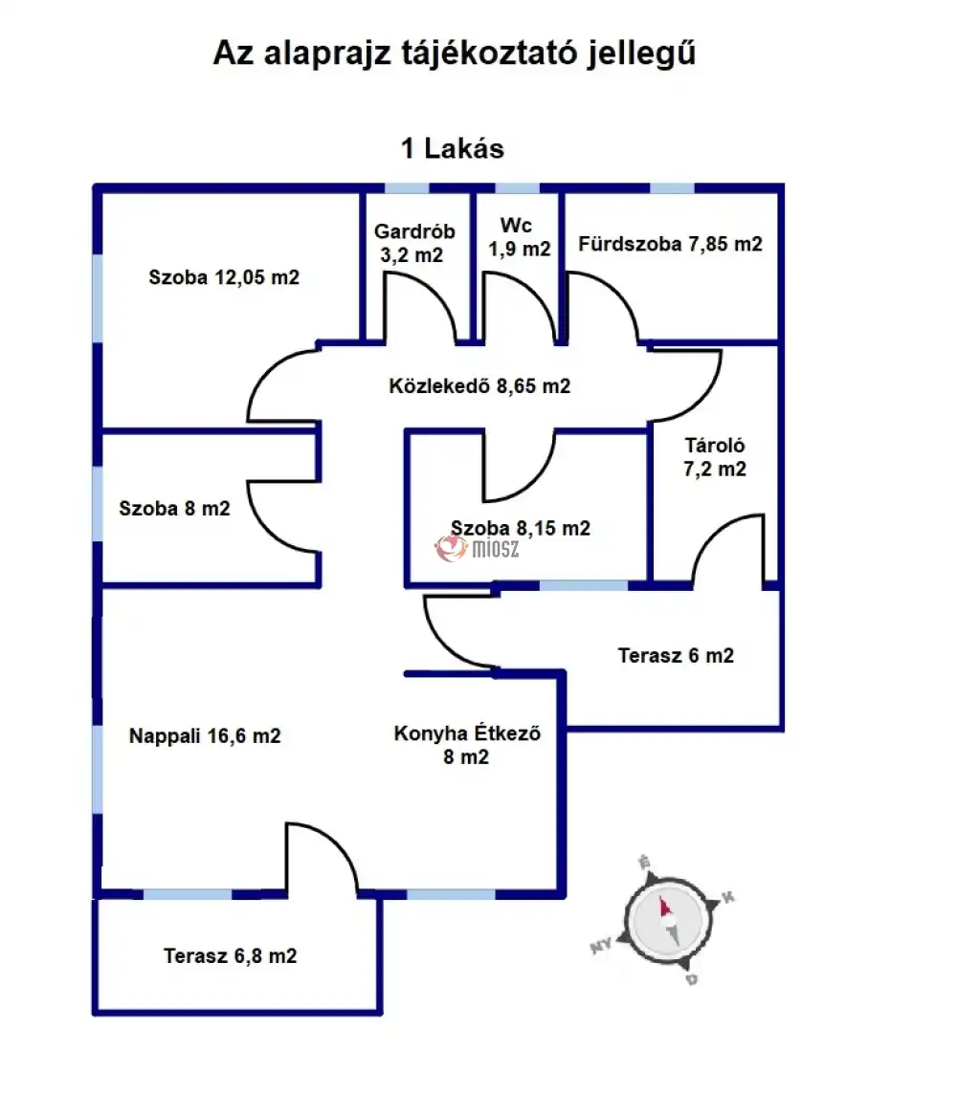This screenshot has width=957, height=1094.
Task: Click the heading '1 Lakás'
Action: (x=452, y=149)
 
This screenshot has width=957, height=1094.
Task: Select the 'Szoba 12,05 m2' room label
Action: (x=224, y=278)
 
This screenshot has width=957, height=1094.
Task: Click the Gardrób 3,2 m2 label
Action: (x=414, y=243)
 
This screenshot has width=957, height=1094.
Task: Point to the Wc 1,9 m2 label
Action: (x=519, y=238)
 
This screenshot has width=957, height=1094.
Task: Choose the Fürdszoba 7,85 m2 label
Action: (x=670, y=244)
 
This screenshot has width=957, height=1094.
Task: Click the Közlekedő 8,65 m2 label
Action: (x=479, y=387)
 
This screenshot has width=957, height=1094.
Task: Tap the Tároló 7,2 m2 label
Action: (x=715, y=457)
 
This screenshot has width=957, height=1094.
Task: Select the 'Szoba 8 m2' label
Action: (x=175, y=509)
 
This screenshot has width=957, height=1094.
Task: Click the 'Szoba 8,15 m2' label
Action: (x=520, y=528)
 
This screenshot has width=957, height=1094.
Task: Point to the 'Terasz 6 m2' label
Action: (x=676, y=656)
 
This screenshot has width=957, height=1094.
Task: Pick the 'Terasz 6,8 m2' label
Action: (x=230, y=955)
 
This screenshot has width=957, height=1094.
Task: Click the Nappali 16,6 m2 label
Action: (x=205, y=736)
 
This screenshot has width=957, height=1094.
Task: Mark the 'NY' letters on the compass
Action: (x=601, y=947)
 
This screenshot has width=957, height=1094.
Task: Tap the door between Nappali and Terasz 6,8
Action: (x=321, y=856)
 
